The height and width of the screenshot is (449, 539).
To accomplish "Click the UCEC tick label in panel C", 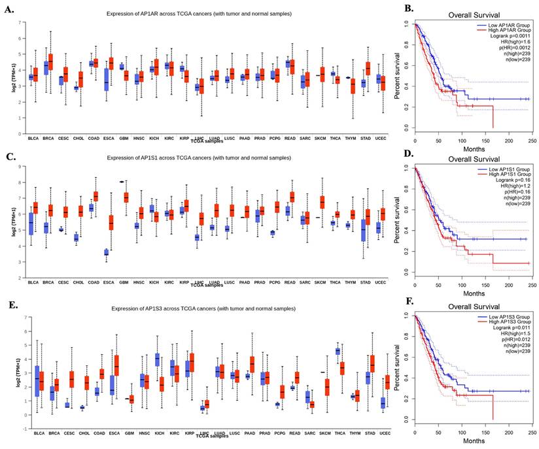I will coord(381,282).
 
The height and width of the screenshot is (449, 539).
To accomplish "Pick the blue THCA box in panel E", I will coord(338,351).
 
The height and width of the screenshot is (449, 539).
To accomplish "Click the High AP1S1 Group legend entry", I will coord(502,173).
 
